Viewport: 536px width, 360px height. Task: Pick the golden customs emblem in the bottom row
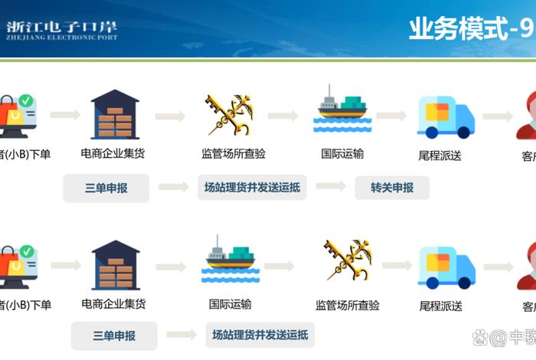click(346, 261)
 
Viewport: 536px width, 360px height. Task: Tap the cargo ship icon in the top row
click(343, 111)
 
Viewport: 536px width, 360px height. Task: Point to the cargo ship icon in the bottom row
click(229, 259)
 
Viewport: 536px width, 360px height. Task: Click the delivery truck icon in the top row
click(446, 116)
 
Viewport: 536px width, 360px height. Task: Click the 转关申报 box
click(392, 188)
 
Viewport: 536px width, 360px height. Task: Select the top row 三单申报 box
click(106, 188)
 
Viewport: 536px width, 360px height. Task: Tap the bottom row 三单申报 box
click(114, 335)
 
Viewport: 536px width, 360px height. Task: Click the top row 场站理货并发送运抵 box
click(252, 188)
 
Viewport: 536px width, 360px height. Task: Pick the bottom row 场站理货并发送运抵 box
click(260, 335)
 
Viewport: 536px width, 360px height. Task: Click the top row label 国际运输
click(342, 153)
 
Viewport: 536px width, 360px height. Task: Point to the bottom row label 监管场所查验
click(348, 306)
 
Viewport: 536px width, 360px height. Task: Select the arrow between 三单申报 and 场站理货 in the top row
click(172, 187)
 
